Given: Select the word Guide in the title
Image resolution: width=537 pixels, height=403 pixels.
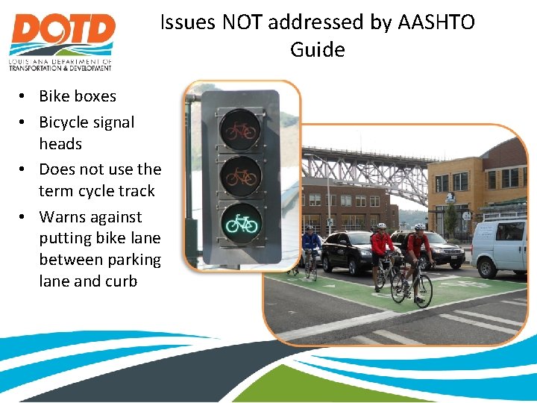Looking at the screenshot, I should point(318,50).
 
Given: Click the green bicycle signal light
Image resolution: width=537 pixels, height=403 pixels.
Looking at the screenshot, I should point(240,222).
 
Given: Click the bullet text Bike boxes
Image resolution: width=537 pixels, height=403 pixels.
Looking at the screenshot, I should point(78,96).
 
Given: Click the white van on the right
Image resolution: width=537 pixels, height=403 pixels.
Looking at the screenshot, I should point(500,247).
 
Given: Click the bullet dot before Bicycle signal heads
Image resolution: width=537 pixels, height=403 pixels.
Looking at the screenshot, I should point(25,122).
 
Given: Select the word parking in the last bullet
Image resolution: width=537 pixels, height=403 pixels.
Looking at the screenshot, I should point(134,260).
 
